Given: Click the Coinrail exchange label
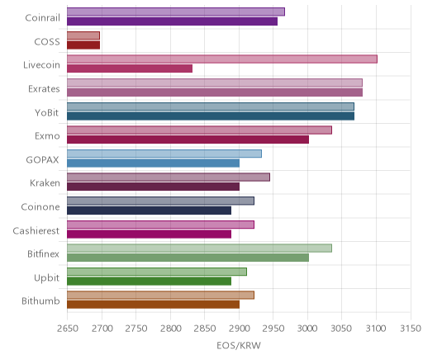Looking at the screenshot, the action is (x=42, y=18).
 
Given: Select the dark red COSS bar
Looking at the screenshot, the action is (x=83, y=45).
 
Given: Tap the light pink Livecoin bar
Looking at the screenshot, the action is (x=222, y=59).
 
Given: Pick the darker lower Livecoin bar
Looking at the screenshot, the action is (x=130, y=69).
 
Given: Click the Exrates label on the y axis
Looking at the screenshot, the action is (x=44, y=89).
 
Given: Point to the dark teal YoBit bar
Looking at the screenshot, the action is (x=211, y=116).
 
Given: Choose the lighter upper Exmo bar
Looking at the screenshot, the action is (x=199, y=130).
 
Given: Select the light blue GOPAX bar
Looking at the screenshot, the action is (x=164, y=154).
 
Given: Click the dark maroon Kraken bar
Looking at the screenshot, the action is (x=153, y=187).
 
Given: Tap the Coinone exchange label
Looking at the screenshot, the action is (x=40, y=207).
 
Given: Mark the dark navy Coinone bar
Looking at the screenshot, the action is (x=149, y=211).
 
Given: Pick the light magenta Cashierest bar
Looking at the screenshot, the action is (x=160, y=225).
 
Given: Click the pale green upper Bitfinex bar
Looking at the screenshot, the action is (x=199, y=249).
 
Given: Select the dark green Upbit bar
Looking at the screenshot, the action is (x=149, y=282).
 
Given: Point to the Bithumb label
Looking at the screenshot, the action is (x=40, y=301).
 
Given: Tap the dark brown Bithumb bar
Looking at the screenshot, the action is (x=153, y=305).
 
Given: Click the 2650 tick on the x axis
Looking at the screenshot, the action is (x=68, y=329).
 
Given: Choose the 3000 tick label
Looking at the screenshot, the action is (x=307, y=329).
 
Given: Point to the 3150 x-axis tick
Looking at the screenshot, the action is (x=411, y=329).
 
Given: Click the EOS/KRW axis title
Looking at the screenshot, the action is (x=239, y=346).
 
